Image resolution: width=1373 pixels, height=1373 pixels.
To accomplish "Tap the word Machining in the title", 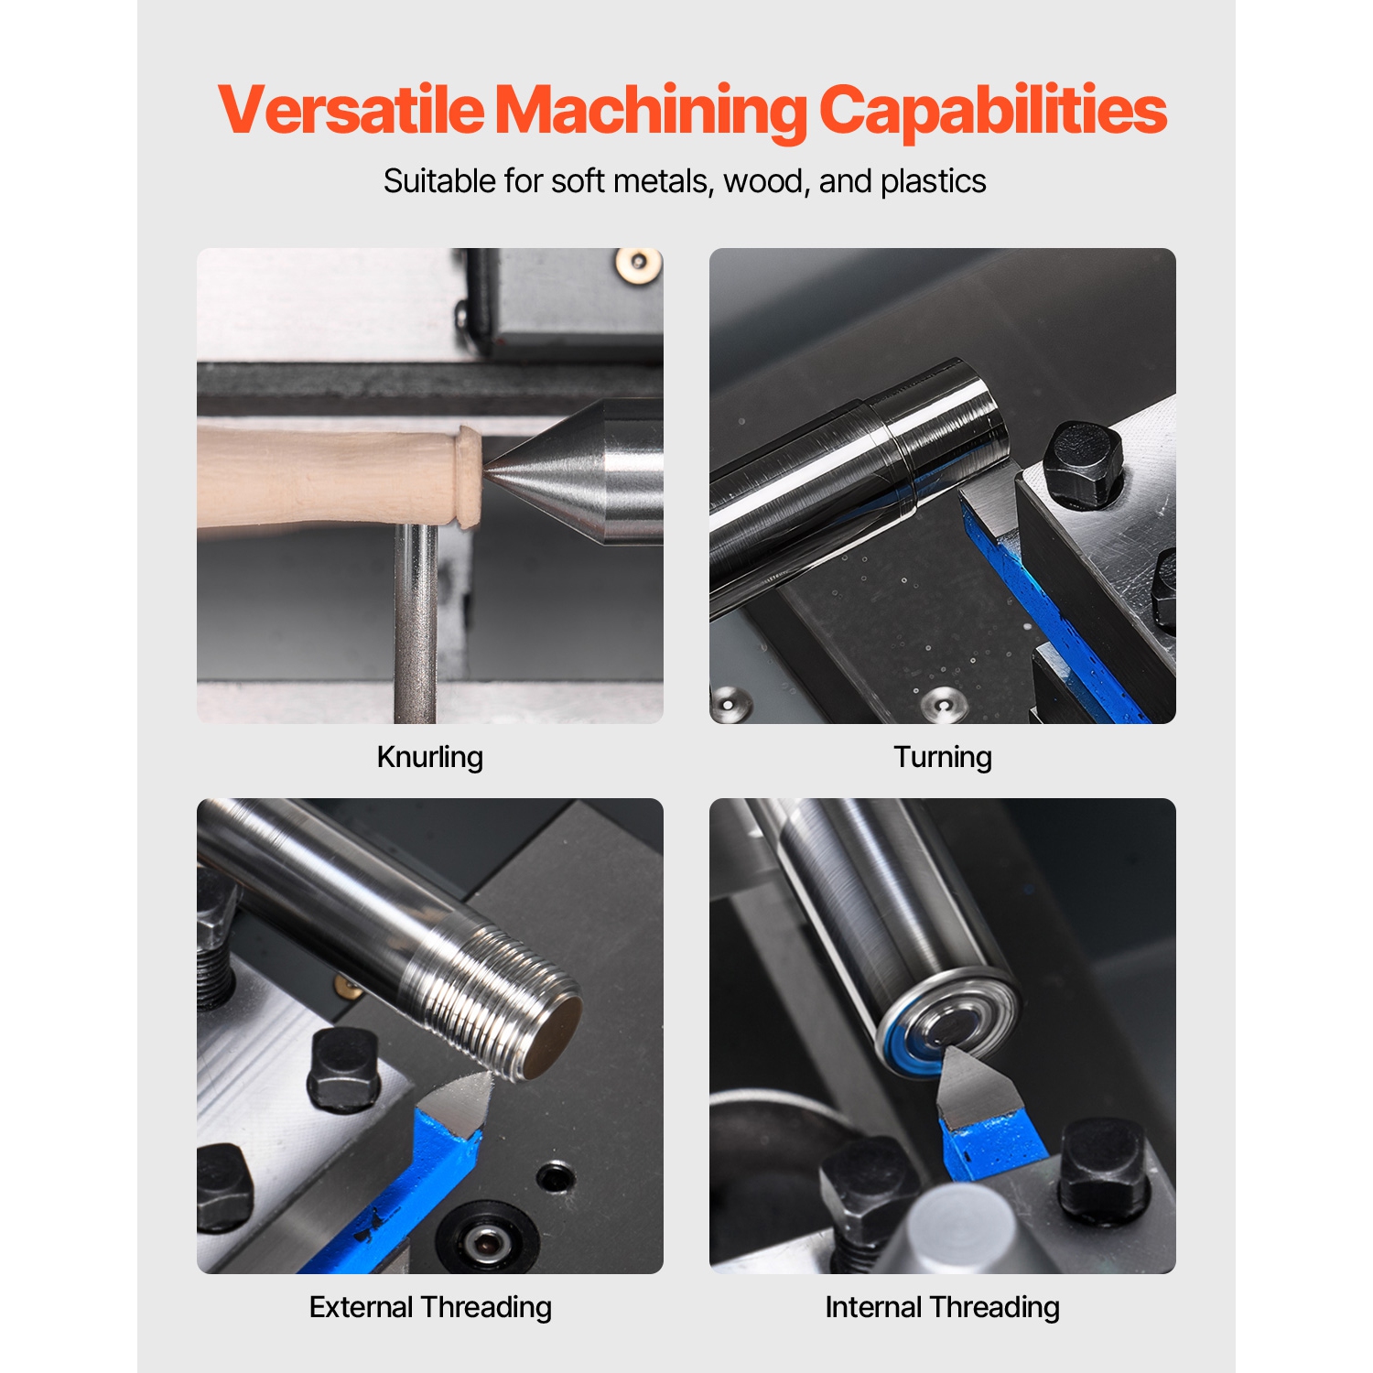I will [x=650, y=111].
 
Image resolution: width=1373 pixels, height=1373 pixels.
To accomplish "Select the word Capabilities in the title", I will [x=992, y=111].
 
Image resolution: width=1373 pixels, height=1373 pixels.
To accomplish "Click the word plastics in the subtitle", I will [x=933, y=181].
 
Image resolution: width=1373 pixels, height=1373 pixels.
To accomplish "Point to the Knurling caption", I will [x=429, y=757].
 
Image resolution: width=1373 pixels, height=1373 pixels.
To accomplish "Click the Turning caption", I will [x=942, y=757].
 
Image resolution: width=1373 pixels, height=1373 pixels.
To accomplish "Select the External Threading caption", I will [x=430, y=1307].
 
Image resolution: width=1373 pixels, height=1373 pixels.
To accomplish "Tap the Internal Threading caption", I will [x=942, y=1307].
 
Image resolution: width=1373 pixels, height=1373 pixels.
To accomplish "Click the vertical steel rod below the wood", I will [x=416, y=622].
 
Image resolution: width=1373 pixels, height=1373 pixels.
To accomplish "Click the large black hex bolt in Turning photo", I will [x=1083, y=465].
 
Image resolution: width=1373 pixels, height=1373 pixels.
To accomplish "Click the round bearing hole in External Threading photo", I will [x=483, y=1241].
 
